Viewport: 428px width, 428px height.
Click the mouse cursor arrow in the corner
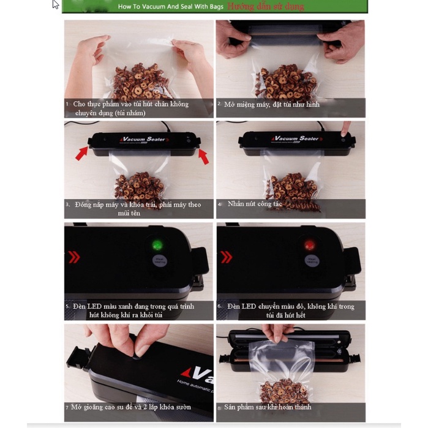(56, 4)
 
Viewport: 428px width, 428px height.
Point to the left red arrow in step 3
(81, 151)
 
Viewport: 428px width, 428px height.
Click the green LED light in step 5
(157, 245)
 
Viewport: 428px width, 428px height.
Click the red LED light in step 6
(309, 245)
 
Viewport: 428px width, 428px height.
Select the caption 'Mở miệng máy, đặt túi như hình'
(271, 104)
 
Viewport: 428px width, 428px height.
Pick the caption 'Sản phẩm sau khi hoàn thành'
(268, 407)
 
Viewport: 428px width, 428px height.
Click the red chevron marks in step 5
(74, 257)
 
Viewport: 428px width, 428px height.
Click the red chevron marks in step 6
(226, 257)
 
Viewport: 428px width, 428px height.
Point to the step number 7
(67, 407)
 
